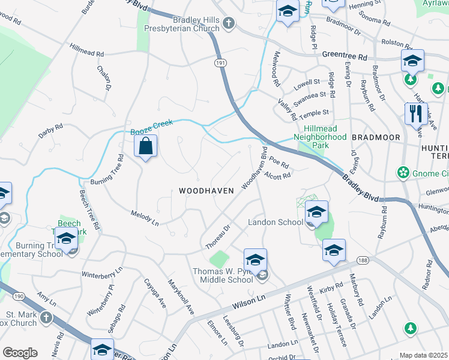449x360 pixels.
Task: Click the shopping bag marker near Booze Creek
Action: coord(145,146)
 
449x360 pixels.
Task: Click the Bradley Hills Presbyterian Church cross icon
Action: coord(228,23)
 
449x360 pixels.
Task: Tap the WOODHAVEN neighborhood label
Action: coord(206,190)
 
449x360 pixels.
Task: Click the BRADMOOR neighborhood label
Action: coord(376,137)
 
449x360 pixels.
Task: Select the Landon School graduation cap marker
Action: coord(316,212)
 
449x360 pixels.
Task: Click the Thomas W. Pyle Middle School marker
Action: coord(255,260)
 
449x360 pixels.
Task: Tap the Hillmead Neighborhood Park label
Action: coord(321,137)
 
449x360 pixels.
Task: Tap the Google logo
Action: coord(20,352)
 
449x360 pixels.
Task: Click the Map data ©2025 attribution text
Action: coord(423,355)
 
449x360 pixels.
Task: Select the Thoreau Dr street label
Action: coord(218,237)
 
